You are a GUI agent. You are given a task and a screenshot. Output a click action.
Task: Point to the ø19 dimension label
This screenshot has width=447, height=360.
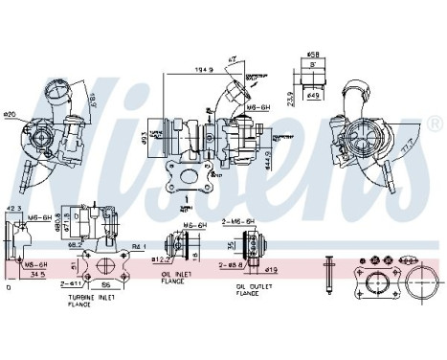[x=272, y=272]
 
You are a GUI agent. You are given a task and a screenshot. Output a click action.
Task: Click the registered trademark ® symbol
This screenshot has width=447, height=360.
[x=436, y=124]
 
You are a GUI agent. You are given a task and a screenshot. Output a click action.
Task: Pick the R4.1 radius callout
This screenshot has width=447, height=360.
[x=139, y=248]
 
